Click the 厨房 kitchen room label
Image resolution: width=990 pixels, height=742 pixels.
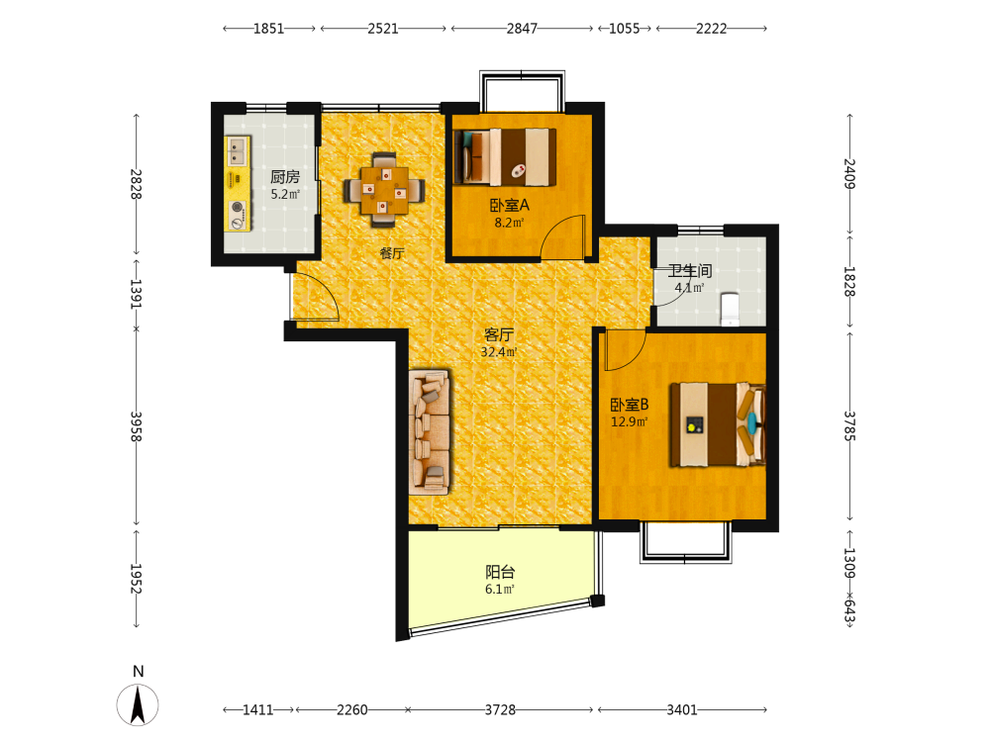point(285,177)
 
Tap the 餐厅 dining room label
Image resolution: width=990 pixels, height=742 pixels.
point(391,253)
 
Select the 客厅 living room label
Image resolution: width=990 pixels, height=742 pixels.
point(499,334)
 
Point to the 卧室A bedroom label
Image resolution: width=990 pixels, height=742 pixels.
point(510,205)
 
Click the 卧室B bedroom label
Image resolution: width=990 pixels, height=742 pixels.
point(629,405)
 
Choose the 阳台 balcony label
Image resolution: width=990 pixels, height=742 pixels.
point(500,572)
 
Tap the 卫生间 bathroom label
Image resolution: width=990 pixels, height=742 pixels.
point(690,271)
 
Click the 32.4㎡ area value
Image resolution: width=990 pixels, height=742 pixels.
point(499,352)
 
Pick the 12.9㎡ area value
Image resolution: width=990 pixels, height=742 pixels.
point(629,421)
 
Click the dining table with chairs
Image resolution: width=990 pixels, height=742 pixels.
point(384,189)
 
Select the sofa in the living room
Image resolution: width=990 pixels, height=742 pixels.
point(430,432)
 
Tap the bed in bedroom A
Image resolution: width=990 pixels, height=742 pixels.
point(505,157)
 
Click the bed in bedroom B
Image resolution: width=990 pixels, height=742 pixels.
point(718,424)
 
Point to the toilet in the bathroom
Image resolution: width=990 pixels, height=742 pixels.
point(730,309)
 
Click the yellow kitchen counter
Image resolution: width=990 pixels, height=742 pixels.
point(238,183)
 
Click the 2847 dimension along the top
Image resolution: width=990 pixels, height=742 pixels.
point(522,29)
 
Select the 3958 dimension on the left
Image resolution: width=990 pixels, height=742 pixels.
point(136,426)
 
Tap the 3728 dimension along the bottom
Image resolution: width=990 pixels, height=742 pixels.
point(500,709)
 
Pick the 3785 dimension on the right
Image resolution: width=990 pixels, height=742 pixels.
point(849,425)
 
